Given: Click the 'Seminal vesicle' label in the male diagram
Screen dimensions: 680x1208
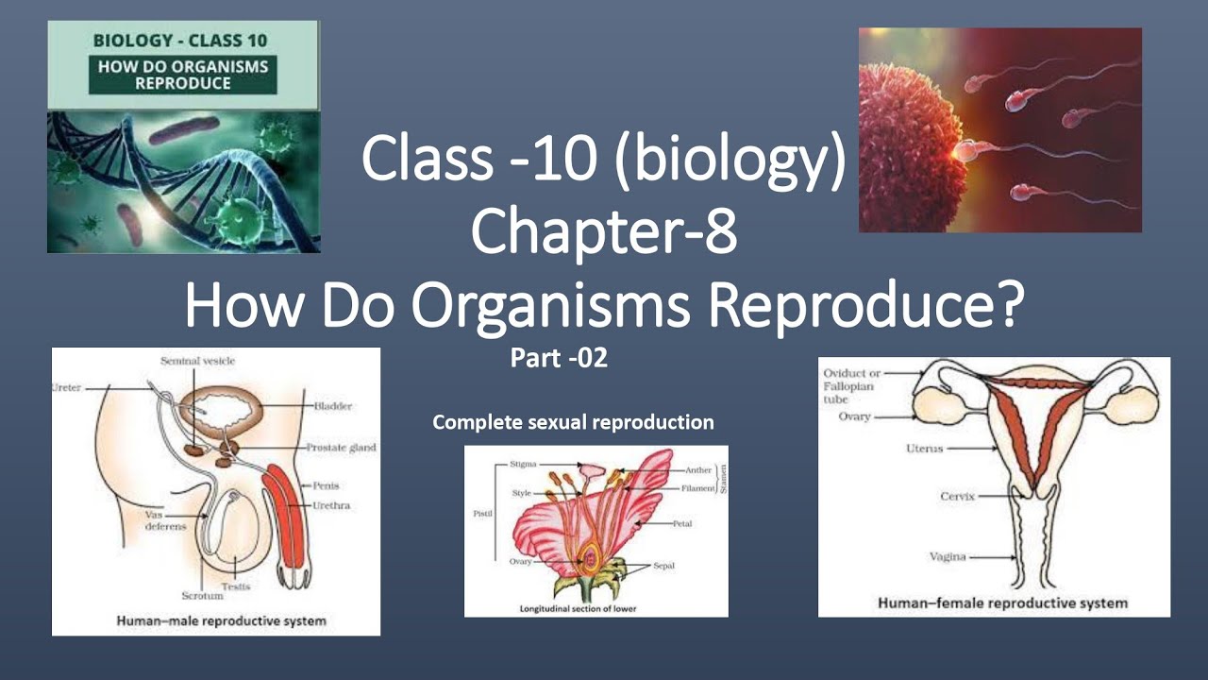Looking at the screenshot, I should [x=197, y=361].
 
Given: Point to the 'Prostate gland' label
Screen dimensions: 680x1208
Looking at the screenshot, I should [x=341, y=448].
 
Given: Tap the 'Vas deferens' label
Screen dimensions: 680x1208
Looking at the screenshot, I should [x=166, y=520].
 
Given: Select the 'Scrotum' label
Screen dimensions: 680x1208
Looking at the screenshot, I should [x=202, y=596].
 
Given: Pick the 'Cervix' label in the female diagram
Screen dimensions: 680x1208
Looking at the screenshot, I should [x=957, y=496].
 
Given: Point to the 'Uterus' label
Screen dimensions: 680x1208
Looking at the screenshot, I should [x=924, y=450].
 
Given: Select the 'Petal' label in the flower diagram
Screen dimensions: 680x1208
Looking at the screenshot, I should [x=682, y=523].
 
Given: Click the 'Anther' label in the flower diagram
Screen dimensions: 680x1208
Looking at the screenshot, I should [x=699, y=468].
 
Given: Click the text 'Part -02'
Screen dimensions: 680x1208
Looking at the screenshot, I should [x=558, y=359].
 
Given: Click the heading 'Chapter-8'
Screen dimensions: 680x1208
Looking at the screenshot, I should [x=604, y=232].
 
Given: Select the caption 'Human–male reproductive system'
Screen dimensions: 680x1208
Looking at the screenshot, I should [x=221, y=621].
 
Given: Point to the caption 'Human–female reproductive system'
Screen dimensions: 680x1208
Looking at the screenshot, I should [x=1002, y=603].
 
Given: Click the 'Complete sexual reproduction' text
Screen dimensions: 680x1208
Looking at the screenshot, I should [x=573, y=422].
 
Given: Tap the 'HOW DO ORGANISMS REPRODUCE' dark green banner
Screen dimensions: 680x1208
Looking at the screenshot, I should [x=183, y=76].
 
